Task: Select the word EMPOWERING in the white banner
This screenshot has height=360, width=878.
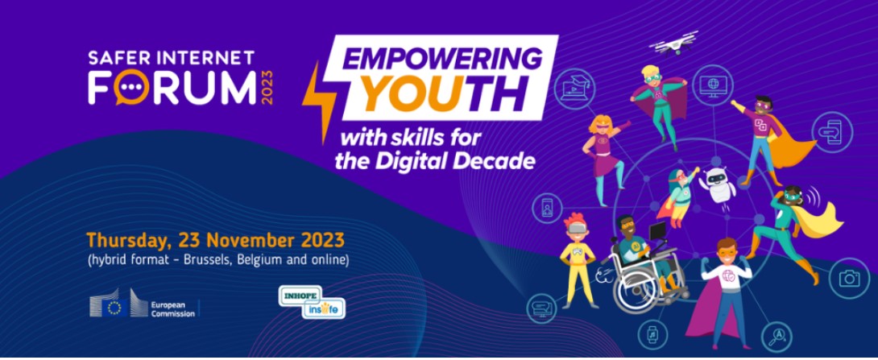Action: (x=442, y=58)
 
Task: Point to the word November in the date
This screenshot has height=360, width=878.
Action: (x=247, y=241)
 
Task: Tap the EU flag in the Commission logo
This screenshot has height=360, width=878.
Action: (x=115, y=308)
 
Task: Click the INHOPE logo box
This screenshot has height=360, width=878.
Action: (x=301, y=295)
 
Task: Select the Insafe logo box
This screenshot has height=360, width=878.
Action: (x=324, y=309)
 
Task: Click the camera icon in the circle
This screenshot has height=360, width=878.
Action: (x=850, y=279)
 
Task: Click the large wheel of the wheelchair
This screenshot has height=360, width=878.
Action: (x=639, y=291)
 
